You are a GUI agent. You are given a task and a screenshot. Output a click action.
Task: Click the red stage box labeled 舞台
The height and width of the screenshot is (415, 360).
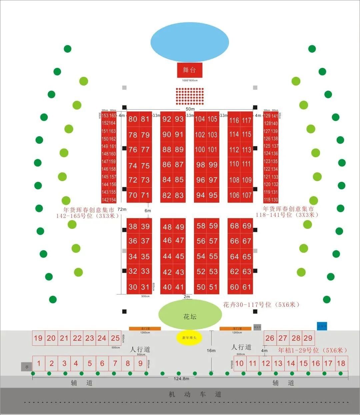pos(189,70)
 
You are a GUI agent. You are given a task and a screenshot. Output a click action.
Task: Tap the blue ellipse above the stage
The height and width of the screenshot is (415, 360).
pos(190,42)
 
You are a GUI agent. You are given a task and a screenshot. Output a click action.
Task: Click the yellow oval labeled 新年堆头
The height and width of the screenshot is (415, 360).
pos(189,338)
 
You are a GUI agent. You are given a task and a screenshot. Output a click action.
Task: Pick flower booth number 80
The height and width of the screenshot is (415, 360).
pos(133,119)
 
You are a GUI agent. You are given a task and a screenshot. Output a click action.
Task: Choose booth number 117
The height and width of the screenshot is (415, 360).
pos(247,120)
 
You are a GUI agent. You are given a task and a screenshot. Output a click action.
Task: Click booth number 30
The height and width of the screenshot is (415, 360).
pos(133,287)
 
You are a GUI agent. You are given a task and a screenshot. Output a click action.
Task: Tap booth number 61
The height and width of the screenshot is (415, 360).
pos(247,287)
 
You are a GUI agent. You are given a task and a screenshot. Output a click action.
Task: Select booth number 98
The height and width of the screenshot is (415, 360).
pos(201,165)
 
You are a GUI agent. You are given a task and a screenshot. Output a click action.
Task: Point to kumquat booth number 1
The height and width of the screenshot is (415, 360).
pos(39,363)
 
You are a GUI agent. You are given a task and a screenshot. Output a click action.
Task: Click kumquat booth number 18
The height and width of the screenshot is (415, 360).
pos(341,363)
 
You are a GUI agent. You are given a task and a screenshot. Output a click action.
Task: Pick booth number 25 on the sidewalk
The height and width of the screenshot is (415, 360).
pos(115,338)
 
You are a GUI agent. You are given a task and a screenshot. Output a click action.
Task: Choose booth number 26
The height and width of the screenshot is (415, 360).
pos(270,338)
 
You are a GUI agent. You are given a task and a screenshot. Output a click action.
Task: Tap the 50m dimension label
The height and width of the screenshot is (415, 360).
pos(190,109)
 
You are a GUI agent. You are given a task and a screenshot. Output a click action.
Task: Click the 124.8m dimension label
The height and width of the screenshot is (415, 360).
pos(181,379)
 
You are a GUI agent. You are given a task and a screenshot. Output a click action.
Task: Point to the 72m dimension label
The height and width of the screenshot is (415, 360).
pos(122,209)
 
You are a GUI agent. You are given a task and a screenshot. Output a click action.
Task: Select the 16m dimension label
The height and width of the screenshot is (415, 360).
pos(211,350)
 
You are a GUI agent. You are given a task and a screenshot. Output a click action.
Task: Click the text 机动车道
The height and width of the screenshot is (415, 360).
pos(195,394)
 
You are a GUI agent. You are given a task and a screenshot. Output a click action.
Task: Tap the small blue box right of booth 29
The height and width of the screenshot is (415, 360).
pos(322,326)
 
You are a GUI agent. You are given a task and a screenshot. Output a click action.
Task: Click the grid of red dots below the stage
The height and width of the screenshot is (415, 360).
pos(189,96)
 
